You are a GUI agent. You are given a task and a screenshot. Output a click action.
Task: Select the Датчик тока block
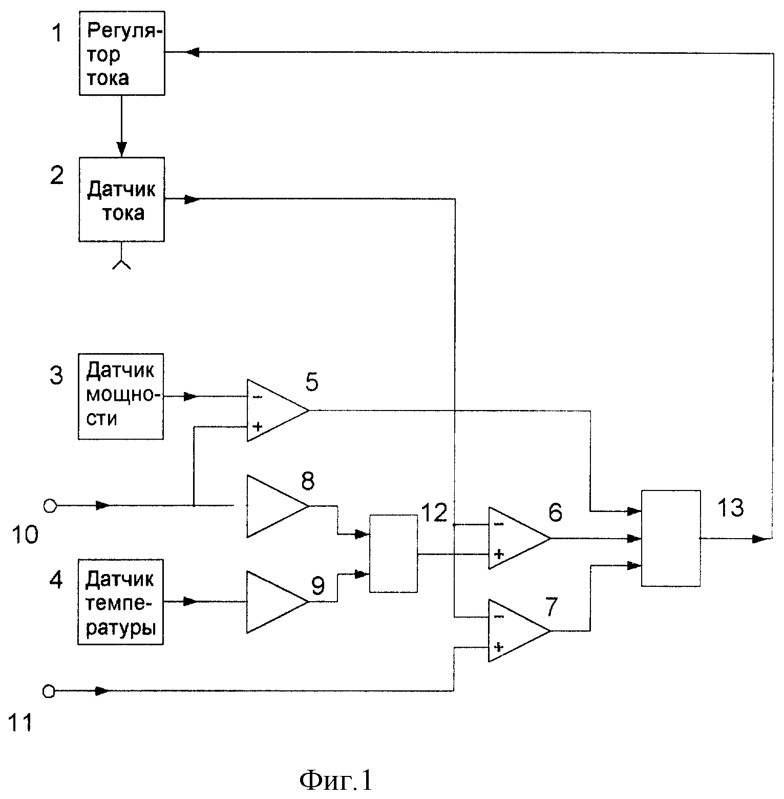tap(121, 199)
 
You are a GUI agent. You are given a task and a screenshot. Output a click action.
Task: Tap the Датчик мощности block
tap(121, 396)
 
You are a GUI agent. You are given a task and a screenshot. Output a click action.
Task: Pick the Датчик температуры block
tap(121, 602)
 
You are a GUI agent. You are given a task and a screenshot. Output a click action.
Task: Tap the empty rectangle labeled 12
tap(393, 554)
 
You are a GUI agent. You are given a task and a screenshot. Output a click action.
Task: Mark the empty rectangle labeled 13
tap(671, 538)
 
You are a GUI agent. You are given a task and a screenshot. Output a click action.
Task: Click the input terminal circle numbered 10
tap(49, 506)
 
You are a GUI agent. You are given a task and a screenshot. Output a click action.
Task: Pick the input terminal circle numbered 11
tap(49, 691)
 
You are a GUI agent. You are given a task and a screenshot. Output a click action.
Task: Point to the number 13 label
tap(730, 508)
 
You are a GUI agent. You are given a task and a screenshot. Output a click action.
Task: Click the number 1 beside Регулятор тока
tap(57, 34)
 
